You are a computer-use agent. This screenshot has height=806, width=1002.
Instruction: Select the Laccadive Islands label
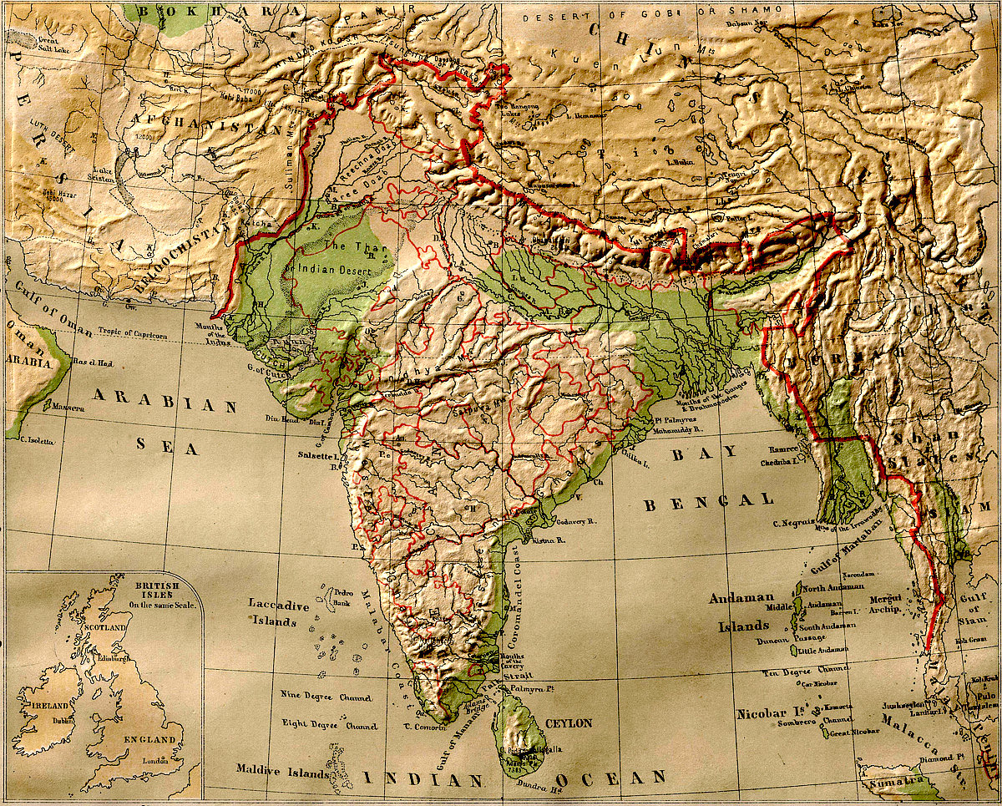click(x=279, y=612)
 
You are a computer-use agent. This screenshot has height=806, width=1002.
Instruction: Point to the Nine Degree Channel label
click(x=326, y=697)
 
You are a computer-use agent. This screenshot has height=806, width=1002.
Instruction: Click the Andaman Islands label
click(x=740, y=611)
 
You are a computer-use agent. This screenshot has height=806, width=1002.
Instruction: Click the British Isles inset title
click(x=163, y=591)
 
